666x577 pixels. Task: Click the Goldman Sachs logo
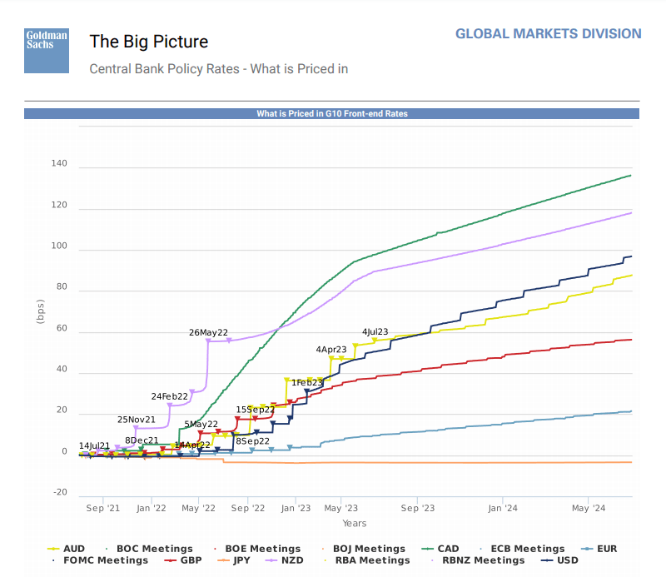pyautogui.click(x=46, y=50)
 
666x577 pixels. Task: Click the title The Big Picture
pyautogui.click(x=149, y=42)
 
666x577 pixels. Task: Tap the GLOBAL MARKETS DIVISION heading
pyautogui.click(x=548, y=34)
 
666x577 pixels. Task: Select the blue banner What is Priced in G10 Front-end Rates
pyautogui.click(x=331, y=113)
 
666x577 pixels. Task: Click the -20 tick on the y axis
pyautogui.click(x=60, y=492)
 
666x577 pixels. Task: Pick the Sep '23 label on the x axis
pyautogui.click(x=418, y=507)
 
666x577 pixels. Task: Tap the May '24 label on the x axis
pyautogui.click(x=588, y=507)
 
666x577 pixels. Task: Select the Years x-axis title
pyautogui.click(x=354, y=524)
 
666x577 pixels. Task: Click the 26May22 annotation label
pyautogui.click(x=209, y=332)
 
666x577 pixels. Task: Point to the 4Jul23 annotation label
pyautogui.click(x=375, y=331)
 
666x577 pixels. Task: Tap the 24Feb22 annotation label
pyautogui.click(x=171, y=396)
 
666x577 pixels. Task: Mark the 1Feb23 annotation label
pyautogui.click(x=306, y=382)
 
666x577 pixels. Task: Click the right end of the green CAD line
pyautogui.click(x=631, y=175)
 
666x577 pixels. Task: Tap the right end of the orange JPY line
pyautogui.click(x=631, y=462)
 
